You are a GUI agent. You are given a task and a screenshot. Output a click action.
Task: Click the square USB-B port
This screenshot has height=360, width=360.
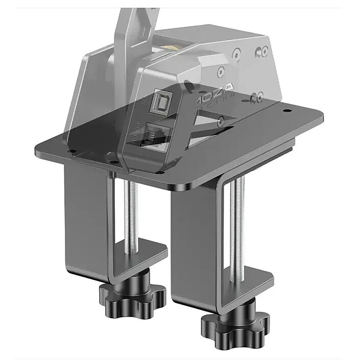157,103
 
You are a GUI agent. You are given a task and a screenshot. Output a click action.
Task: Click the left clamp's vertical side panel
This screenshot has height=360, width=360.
84,214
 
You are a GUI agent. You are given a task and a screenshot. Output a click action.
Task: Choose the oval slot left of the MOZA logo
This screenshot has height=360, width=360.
190,84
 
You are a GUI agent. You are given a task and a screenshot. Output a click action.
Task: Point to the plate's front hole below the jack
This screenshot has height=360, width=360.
160,172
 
